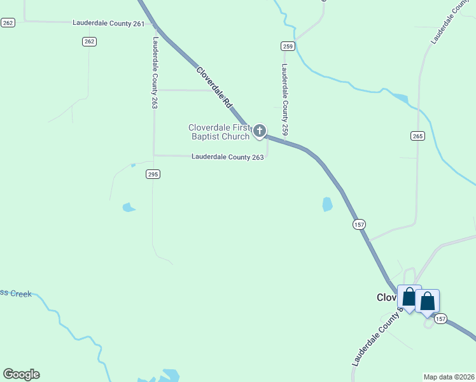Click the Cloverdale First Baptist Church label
click(x=220, y=132)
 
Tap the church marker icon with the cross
click(x=259, y=131)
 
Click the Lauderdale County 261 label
click(x=109, y=22)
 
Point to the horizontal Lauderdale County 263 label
click(x=228, y=157)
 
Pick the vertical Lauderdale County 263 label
click(x=155, y=72)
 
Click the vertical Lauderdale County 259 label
click(x=285, y=99)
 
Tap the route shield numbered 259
click(x=288, y=46)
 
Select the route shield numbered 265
click(x=417, y=136)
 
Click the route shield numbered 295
click(x=153, y=174)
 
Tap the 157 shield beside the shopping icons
click(x=442, y=318)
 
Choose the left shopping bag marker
click(x=409, y=297)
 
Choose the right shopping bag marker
click(x=427, y=301)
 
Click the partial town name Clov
click(x=386, y=297)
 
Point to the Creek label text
click(x=16, y=294)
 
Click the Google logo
click(x=21, y=374)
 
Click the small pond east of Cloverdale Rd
click(x=327, y=204)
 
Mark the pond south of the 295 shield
click(x=129, y=208)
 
